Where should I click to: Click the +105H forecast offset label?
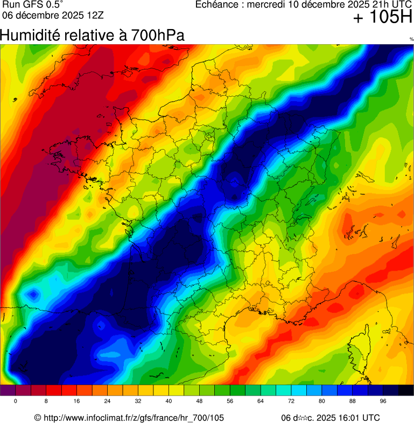click(383, 18)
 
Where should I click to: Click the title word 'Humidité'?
click(31, 36)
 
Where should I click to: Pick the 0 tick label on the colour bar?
click(16, 401)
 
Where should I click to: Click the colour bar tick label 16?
click(77, 401)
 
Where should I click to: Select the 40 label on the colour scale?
click(169, 401)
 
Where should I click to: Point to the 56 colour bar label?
click(230, 401)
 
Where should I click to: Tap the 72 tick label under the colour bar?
click(291, 401)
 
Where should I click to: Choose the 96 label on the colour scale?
click(383, 401)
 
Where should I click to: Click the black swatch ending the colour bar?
click(406, 391)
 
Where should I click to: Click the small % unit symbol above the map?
click(411, 39)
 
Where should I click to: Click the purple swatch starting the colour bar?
click(8, 391)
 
